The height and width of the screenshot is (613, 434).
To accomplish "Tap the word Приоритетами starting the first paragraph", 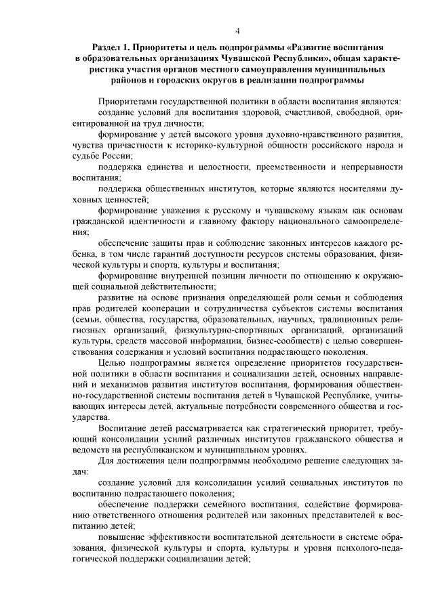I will tap(130, 99).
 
